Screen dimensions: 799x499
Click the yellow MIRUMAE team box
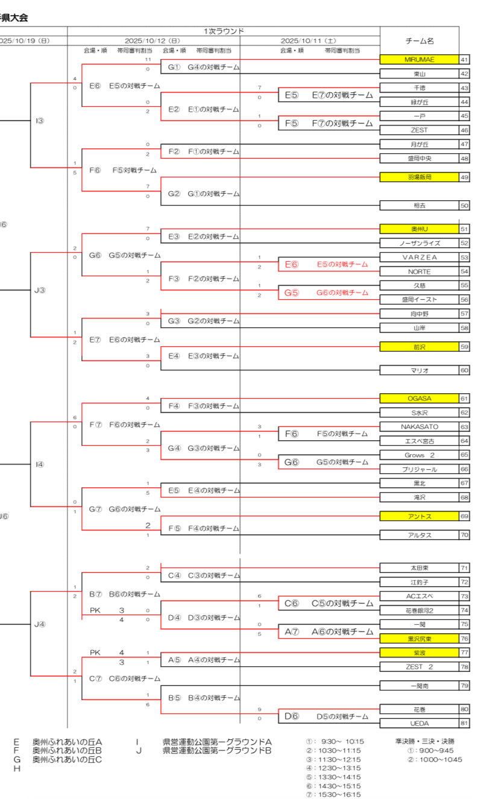click(419, 60)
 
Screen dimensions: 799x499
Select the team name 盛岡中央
click(419, 159)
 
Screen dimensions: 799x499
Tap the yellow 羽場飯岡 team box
click(419, 177)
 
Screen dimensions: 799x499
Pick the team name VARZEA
click(419, 257)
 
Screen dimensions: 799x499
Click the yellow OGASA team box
click(419, 399)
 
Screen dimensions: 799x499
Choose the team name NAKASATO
click(419, 427)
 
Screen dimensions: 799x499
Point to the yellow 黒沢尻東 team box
click(419, 639)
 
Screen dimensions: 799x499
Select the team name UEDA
click(419, 723)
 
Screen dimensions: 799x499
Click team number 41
click(464, 60)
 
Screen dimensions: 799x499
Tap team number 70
click(464, 535)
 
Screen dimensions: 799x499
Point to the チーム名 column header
click(419, 41)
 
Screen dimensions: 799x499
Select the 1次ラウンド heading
click(224, 31)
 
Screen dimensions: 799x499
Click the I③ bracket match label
click(39, 121)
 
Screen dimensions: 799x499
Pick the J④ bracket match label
click(39, 625)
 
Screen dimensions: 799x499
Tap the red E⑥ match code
click(292, 264)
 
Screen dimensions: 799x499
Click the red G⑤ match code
click(292, 292)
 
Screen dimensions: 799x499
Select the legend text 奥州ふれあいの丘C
click(67, 760)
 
